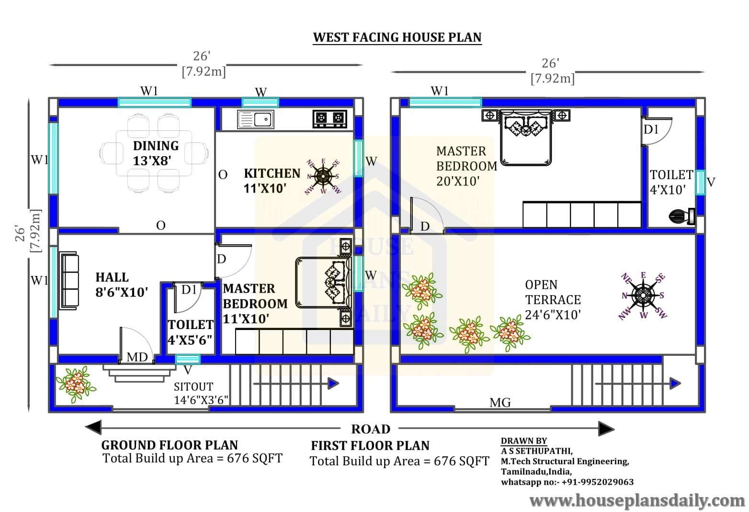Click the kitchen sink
tap(255, 119)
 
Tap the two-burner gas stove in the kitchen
tap(329, 119)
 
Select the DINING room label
tap(156, 146)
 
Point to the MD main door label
tap(137, 357)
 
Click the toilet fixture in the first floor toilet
tap(682, 216)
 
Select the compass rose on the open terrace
tap(643, 296)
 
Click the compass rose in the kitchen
tap(323, 177)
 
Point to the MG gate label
tap(500, 403)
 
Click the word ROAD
tap(371, 429)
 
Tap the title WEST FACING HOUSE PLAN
tap(397, 37)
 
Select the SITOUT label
tap(193, 387)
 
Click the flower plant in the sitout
tap(76, 384)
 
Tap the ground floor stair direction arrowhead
tap(333, 384)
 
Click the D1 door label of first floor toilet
tap(651, 129)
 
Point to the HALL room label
tap(112, 277)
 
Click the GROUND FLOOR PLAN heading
tap(170, 445)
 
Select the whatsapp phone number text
tap(567, 482)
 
